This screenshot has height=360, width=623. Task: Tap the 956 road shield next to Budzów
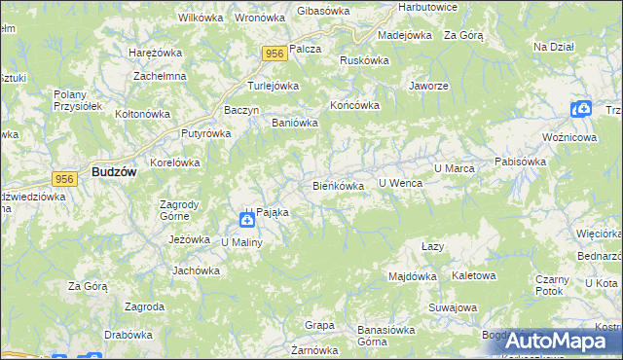click(66, 178)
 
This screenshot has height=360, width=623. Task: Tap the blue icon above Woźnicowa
click(581, 110)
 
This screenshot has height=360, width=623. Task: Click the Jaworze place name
click(428, 85)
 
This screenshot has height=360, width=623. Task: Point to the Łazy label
click(433, 246)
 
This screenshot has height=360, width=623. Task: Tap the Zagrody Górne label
click(179, 210)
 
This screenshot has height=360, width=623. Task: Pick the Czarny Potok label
click(551, 284)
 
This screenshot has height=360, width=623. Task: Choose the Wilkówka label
click(202, 18)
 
